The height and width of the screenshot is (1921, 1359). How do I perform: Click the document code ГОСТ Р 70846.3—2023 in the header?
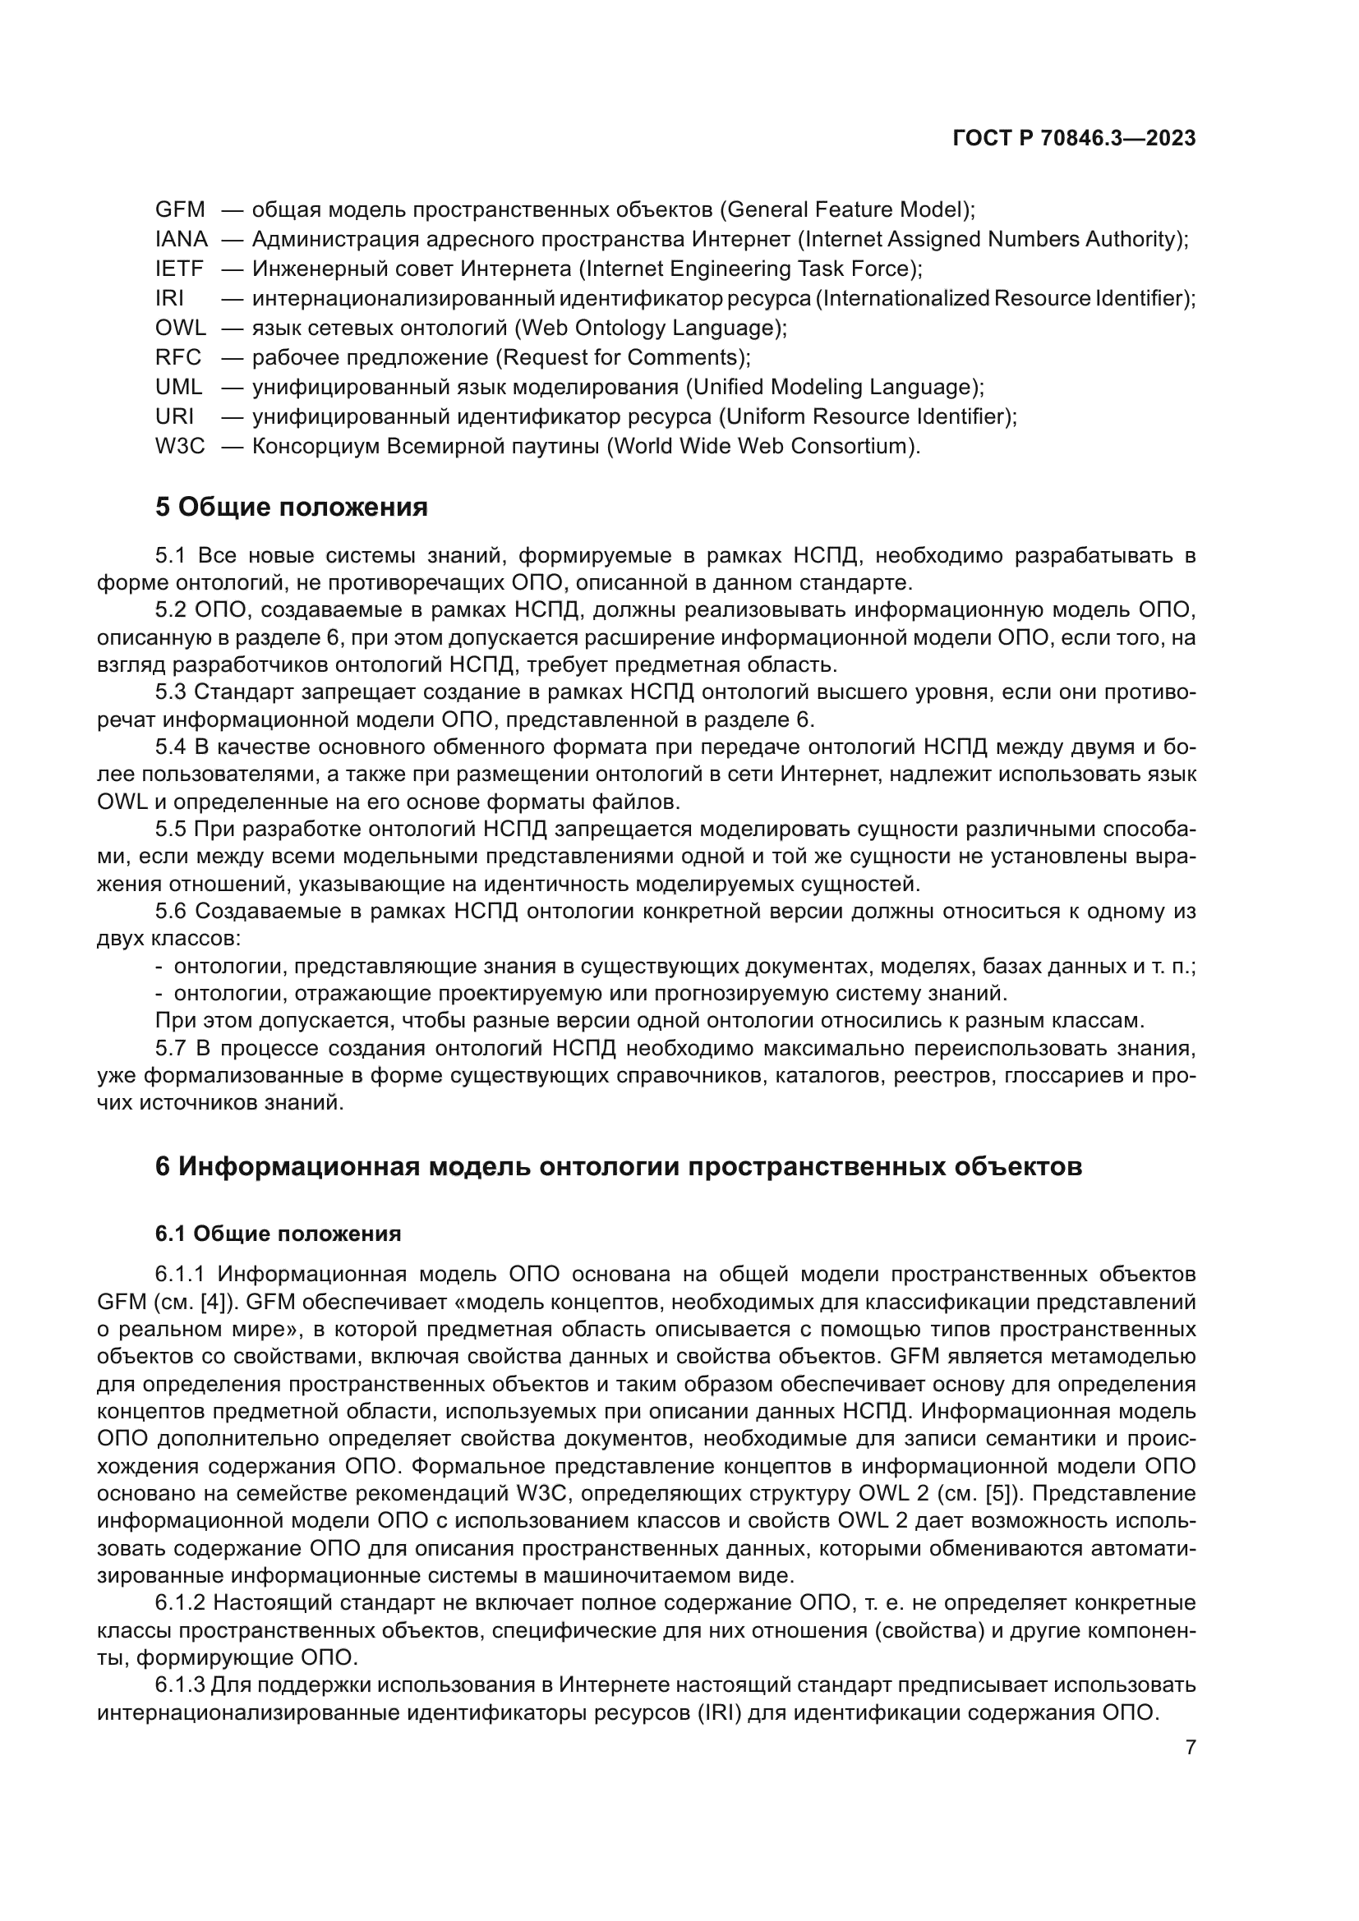[1074, 139]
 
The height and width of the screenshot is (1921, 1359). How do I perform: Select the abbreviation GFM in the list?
[180, 209]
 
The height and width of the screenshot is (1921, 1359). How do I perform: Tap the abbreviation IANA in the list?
[182, 239]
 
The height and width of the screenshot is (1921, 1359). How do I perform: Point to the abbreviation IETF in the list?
[179, 269]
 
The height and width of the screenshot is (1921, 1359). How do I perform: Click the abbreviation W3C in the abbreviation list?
[180, 446]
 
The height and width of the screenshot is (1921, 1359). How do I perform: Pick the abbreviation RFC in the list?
[178, 357]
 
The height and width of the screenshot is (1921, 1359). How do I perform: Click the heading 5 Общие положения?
[291, 507]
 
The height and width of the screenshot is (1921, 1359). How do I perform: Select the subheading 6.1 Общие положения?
[278, 1234]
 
